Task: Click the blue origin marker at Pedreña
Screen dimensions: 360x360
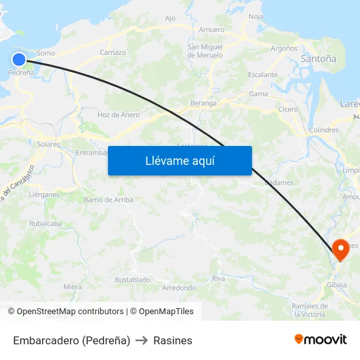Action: pos(18,60)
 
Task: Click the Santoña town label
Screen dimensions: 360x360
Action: pos(318,59)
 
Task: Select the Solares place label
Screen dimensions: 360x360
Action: pos(49,144)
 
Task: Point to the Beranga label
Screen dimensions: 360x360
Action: pos(203,103)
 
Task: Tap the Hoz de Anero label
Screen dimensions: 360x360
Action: pos(118,115)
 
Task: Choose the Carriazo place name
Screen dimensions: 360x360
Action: pos(113,52)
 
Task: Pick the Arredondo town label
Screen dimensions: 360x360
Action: pos(179,287)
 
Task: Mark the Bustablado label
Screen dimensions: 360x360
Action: pos(132,279)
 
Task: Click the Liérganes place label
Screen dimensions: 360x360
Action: pos(44,194)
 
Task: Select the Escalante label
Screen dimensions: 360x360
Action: pos(263,75)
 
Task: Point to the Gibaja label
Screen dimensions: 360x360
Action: pos(336,285)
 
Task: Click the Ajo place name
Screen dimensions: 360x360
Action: pos(170,18)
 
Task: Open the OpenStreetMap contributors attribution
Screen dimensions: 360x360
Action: pos(70,312)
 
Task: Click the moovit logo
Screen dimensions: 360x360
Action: pos(320,340)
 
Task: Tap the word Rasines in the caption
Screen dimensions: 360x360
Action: pos(173,340)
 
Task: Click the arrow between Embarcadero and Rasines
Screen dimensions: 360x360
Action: pos(142,340)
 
